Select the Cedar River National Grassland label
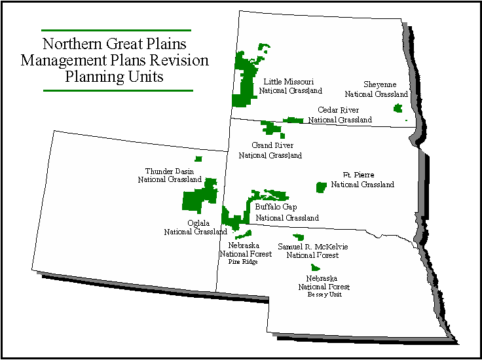pyautogui.click(x=340, y=115)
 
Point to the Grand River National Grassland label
pyautogui.click(x=270, y=150)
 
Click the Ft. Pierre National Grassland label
pyautogui.click(x=362, y=179)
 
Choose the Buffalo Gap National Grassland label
pyautogui.click(x=287, y=212)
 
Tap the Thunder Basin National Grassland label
pyautogui.click(x=170, y=175)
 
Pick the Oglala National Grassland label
pyautogui.click(x=196, y=226)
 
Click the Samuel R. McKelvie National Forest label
pyautogui.click(x=313, y=251)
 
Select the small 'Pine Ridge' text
pyautogui.click(x=243, y=261)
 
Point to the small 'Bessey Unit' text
pyautogui.click(x=324, y=295)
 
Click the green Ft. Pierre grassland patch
pyautogui.click(x=321, y=187)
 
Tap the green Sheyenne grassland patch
pyautogui.click(x=398, y=107)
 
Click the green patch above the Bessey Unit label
pyautogui.click(x=316, y=267)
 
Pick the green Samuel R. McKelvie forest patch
pyautogui.click(x=299, y=237)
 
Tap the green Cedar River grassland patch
pyautogui.click(x=293, y=120)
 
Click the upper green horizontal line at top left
pyautogui.click(x=116, y=30)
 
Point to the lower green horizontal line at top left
pyautogui.click(x=118, y=90)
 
